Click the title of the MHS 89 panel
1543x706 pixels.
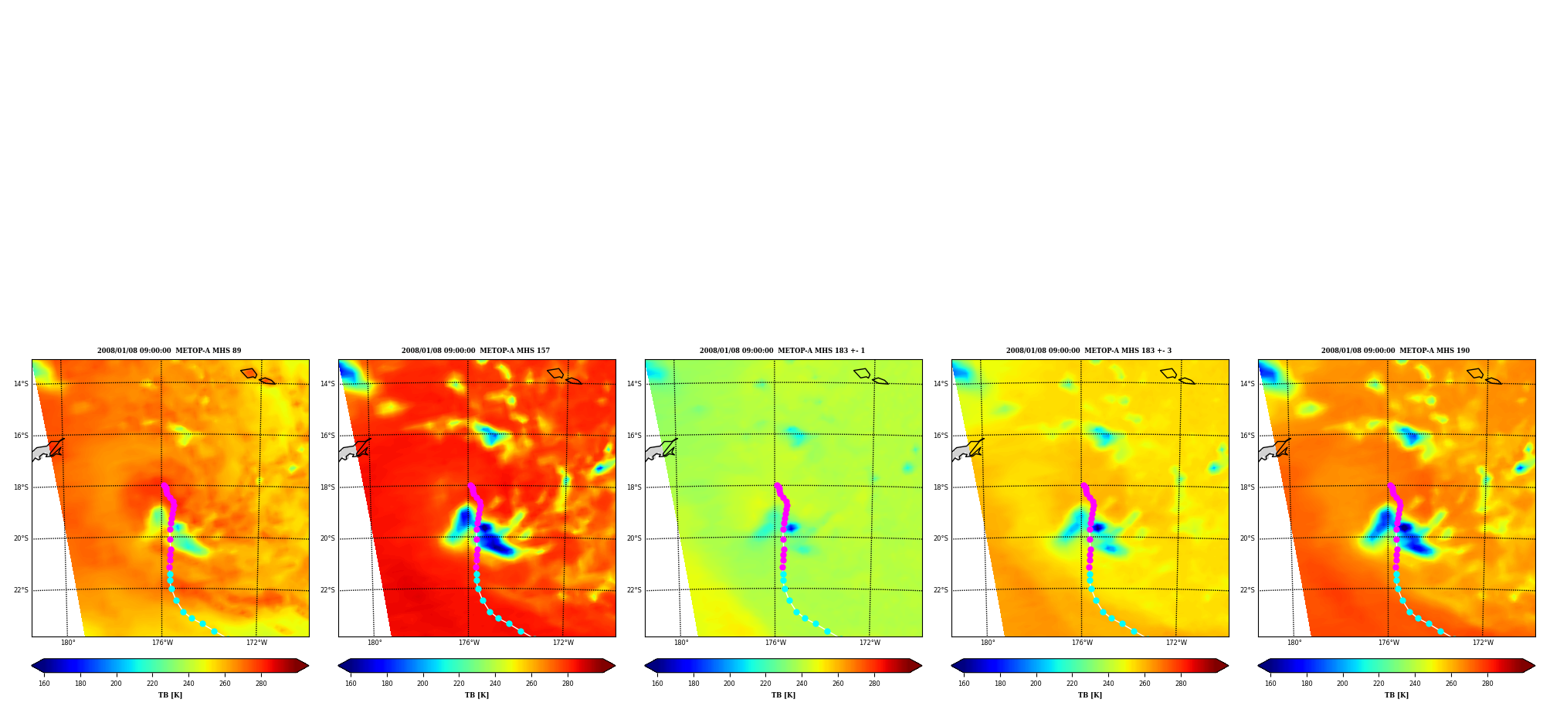(x=169, y=351)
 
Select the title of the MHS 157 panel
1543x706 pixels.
(x=476, y=351)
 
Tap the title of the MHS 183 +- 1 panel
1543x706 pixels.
(x=782, y=351)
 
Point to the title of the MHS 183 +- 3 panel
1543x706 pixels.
(x=1089, y=351)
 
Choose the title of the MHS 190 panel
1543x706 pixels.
(x=1395, y=351)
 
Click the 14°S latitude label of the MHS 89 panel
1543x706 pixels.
(x=21, y=384)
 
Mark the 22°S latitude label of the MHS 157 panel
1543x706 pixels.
(x=327, y=590)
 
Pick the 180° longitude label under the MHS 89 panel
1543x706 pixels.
(x=68, y=643)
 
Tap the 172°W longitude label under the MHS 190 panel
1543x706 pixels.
(x=1483, y=643)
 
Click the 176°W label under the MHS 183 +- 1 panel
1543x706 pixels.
(x=775, y=643)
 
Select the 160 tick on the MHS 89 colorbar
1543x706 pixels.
(x=44, y=683)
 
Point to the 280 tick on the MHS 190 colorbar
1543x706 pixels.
(x=1487, y=683)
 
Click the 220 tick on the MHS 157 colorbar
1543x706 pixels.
(x=459, y=683)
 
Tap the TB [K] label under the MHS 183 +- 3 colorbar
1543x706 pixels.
(x=1090, y=695)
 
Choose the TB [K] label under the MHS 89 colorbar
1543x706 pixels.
(x=170, y=695)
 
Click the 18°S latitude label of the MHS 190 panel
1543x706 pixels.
(x=1247, y=487)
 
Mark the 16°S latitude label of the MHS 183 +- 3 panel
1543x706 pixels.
(x=941, y=436)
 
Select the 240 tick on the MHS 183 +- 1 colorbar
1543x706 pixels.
(x=802, y=683)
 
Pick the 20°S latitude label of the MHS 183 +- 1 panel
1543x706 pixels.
(x=634, y=538)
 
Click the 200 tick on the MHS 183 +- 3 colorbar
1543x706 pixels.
(x=1036, y=683)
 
